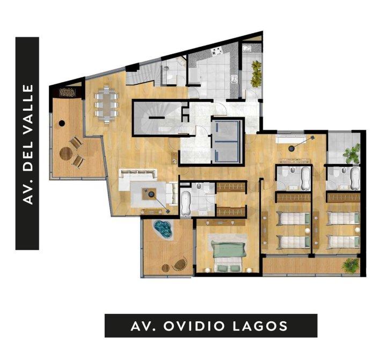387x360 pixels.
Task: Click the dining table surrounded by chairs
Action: point(107,104)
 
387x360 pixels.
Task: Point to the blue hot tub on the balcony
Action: point(163,229)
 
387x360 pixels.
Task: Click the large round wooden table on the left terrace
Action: point(66,154)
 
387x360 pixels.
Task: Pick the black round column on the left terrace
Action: point(62,123)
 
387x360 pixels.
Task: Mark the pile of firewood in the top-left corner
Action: point(68,92)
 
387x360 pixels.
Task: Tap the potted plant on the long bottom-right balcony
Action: point(350,265)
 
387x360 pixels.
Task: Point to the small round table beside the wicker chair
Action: point(165,268)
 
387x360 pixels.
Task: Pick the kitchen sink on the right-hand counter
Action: point(233,79)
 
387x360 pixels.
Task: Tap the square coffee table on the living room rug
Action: point(149,194)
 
